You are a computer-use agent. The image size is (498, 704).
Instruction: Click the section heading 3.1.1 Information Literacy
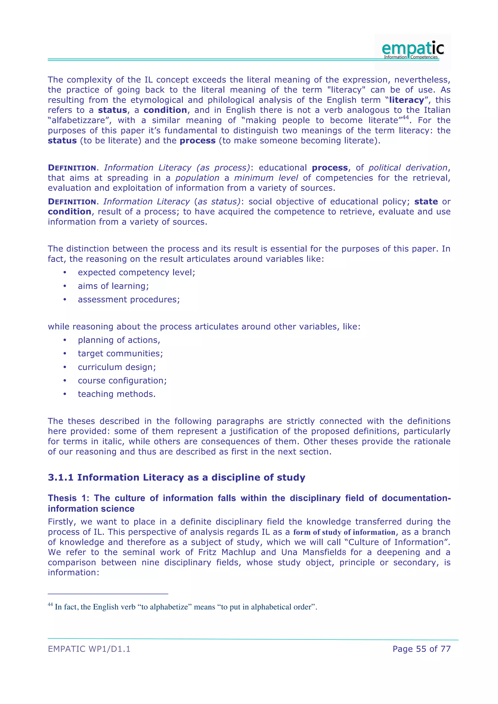coord(176,477)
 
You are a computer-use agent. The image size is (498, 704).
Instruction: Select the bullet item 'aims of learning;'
coord(113,286)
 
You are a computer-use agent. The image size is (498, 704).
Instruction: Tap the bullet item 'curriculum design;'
coord(116,367)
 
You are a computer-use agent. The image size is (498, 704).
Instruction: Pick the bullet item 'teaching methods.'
coord(116,394)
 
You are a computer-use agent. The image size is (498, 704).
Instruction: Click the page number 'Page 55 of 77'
coord(421,649)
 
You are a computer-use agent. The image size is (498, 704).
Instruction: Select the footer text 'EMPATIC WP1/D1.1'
coord(89,649)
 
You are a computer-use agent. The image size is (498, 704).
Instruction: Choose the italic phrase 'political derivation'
coord(408,168)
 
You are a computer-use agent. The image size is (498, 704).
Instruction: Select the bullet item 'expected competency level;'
coord(136,273)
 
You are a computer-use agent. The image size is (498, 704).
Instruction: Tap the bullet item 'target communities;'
coord(120,353)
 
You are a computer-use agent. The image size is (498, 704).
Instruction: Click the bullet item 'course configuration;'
coord(122,380)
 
